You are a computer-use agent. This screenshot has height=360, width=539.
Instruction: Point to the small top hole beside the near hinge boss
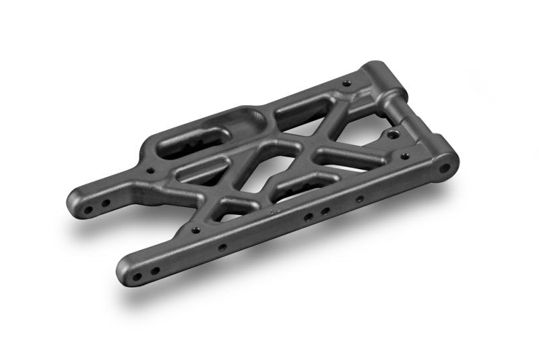[406, 156]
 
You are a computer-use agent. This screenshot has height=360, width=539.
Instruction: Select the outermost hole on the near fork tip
[137, 277]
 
